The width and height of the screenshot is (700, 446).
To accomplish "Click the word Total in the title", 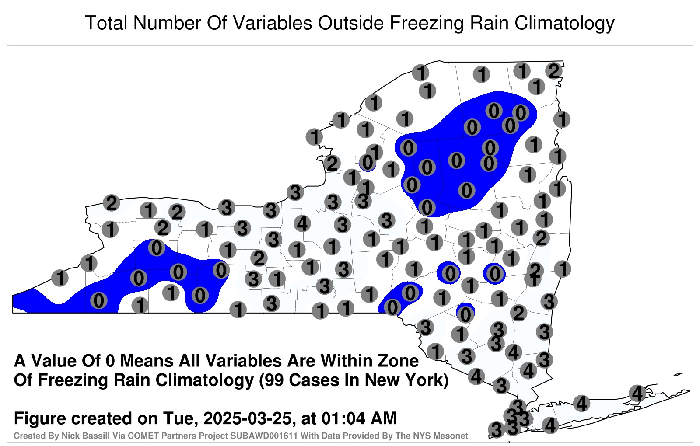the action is tap(107, 23).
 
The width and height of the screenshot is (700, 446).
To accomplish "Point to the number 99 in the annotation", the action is tap(274, 380).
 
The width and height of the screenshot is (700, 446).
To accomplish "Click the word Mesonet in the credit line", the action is tap(452, 436).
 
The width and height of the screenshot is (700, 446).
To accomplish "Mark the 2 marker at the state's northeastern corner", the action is tap(554, 71).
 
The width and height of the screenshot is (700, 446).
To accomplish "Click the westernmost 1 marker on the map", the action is tap(60, 278).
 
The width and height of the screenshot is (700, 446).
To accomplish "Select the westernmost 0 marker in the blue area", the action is tap(99, 301).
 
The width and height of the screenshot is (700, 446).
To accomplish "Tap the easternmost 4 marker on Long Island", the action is tap(637, 393).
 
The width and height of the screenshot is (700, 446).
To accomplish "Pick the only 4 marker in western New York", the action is tap(302, 223).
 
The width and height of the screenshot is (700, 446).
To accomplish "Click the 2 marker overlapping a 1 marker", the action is tap(535, 270).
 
